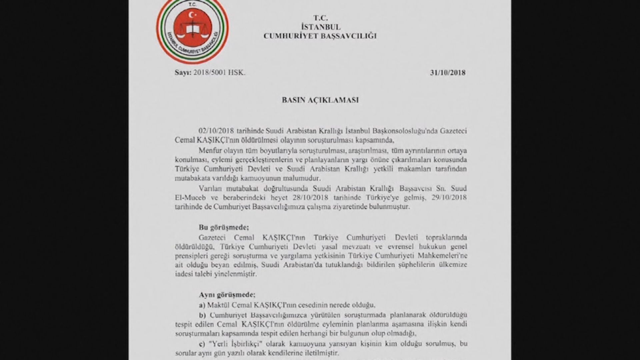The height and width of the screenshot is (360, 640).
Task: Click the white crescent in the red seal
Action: (191, 15)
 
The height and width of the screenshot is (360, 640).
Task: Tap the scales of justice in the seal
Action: (191, 30)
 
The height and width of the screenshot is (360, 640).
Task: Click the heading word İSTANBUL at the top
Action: (320, 27)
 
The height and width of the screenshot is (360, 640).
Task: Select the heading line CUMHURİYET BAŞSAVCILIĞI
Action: (320, 36)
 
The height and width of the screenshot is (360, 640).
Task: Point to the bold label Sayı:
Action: (183, 73)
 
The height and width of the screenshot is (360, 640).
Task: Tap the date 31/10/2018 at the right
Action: (448, 73)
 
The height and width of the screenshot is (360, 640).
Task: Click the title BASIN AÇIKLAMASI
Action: (320, 100)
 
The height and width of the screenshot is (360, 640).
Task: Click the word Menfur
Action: (209, 150)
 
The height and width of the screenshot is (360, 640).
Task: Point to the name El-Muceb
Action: (188, 197)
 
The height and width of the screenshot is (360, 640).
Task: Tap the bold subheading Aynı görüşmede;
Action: (227, 295)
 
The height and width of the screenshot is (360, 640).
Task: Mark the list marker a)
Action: (202, 305)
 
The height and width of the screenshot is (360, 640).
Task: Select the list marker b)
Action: (202, 315)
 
